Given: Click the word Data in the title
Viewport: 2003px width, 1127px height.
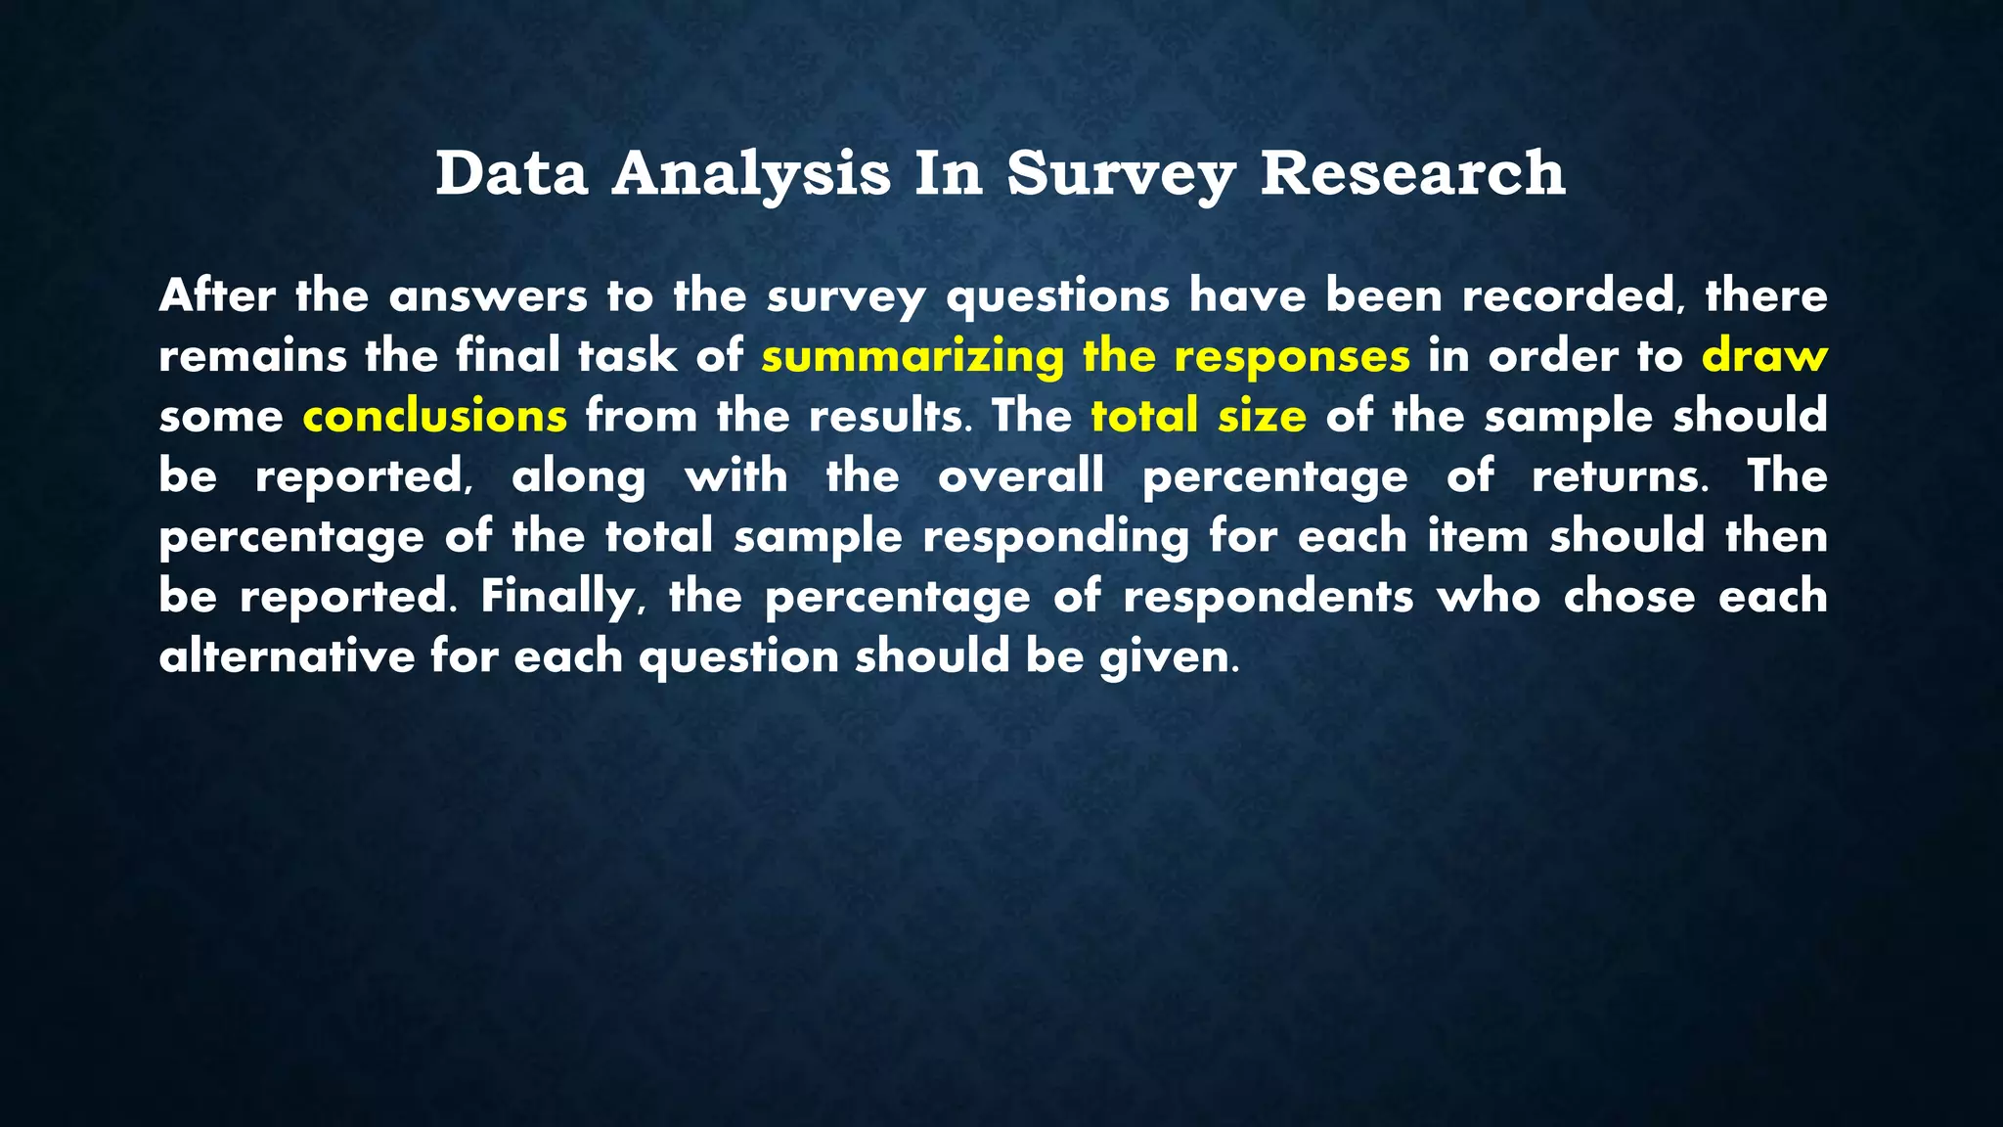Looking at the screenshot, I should pos(512,173).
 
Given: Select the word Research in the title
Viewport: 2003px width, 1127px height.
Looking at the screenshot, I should pos(1412,173).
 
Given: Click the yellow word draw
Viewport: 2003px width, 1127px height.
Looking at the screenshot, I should pos(1764,356).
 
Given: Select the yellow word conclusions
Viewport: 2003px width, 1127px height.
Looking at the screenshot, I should pos(435,417).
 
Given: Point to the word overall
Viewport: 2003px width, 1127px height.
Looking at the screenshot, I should pos(1021,477).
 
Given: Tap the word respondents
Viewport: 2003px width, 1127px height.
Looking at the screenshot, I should pos(1268,598).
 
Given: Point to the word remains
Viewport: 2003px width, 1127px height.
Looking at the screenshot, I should pos(252,356).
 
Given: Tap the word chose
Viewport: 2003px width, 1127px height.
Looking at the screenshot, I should pos(1628,597).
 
